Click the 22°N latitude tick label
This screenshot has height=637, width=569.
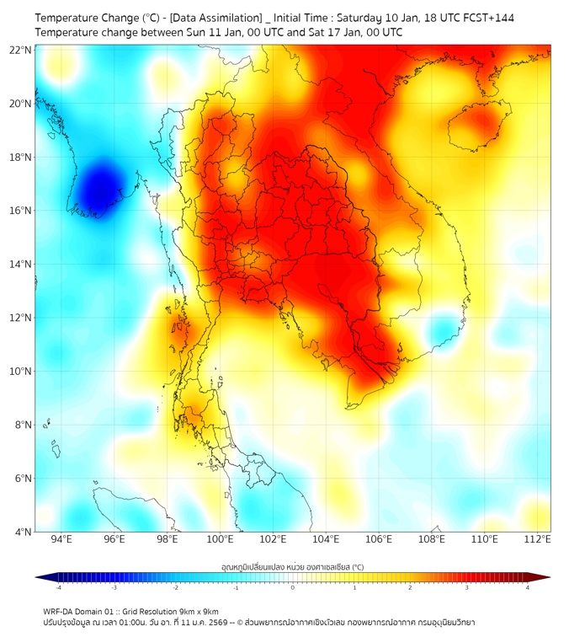(x=21, y=50)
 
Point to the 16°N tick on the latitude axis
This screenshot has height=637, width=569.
(x=21, y=211)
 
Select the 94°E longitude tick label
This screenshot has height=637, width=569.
(x=61, y=540)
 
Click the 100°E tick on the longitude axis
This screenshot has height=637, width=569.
(x=221, y=540)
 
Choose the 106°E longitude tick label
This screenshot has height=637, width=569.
(x=379, y=540)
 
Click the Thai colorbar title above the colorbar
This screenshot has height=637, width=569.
(x=292, y=567)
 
